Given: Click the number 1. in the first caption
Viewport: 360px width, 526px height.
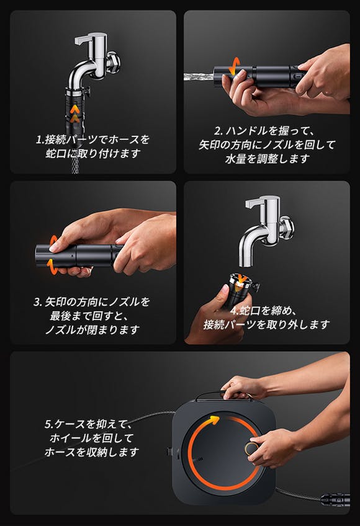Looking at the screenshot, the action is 40,140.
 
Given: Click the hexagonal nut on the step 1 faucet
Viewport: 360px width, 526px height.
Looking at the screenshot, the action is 114,62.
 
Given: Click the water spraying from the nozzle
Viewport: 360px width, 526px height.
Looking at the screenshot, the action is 199,76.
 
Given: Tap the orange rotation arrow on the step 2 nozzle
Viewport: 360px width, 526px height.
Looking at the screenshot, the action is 234,65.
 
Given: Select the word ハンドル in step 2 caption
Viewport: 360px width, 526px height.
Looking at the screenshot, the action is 247,131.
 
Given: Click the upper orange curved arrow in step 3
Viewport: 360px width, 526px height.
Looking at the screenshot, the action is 53,240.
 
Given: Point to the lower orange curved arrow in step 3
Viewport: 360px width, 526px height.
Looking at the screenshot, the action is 52,265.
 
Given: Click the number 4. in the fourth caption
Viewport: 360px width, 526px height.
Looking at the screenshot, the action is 235,311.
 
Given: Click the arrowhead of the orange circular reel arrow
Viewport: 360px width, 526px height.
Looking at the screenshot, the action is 214,419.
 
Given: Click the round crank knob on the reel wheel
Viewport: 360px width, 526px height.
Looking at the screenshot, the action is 251,448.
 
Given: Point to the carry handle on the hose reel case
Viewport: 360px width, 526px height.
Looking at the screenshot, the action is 223,396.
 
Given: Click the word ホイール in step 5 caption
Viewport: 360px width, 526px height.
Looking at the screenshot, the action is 71,438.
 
